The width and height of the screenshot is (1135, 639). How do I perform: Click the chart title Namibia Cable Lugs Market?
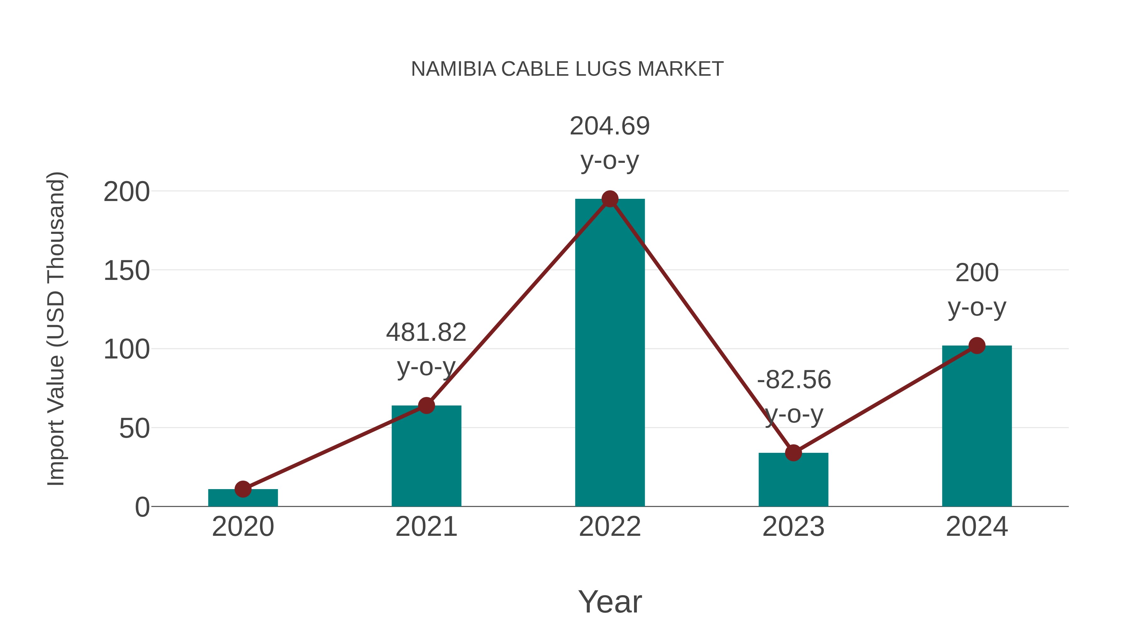tap(567, 69)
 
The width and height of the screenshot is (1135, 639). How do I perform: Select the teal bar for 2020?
tap(243, 498)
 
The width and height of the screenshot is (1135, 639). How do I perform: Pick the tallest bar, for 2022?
tap(609, 353)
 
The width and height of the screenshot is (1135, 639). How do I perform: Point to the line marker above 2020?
tap(243, 488)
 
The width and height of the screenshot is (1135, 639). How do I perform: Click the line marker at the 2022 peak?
tap(610, 199)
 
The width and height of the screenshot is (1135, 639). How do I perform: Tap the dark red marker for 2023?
tap(793, 453)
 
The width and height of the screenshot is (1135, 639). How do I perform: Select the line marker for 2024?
tap(977, 346)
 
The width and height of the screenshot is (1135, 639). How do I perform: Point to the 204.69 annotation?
tap(609, 126)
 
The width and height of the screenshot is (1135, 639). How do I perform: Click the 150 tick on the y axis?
tap(126, 271)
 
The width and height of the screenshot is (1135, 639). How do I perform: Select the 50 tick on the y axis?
tap(134, 428)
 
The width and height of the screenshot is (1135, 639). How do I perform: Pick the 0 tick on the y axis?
tap(142, 507)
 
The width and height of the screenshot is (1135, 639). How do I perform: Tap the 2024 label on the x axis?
tap(976, 527)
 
